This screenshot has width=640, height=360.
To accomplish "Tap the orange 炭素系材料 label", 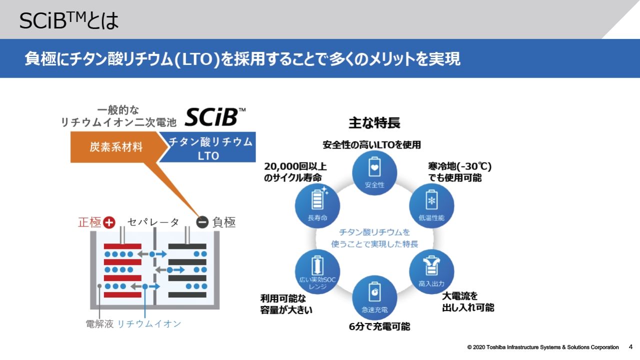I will [116, 147].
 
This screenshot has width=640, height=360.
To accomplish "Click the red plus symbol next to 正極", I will [109, 222].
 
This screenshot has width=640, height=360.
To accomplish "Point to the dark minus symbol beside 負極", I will [202, 222].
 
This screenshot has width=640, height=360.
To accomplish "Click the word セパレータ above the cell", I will [153, 222].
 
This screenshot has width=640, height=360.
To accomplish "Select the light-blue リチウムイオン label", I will [149, 324].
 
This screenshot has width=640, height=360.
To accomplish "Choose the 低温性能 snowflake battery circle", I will [431, 204].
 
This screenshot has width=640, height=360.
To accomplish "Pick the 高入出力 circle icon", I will [431, 270].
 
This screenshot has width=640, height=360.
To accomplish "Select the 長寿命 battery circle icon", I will [317, 204].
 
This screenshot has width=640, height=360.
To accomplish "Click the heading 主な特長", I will [374, 122].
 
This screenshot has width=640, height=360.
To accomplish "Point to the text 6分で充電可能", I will [379, 326].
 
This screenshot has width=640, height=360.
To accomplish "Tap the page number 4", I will [630, 346].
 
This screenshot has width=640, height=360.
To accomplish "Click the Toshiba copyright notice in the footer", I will [543, 347].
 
